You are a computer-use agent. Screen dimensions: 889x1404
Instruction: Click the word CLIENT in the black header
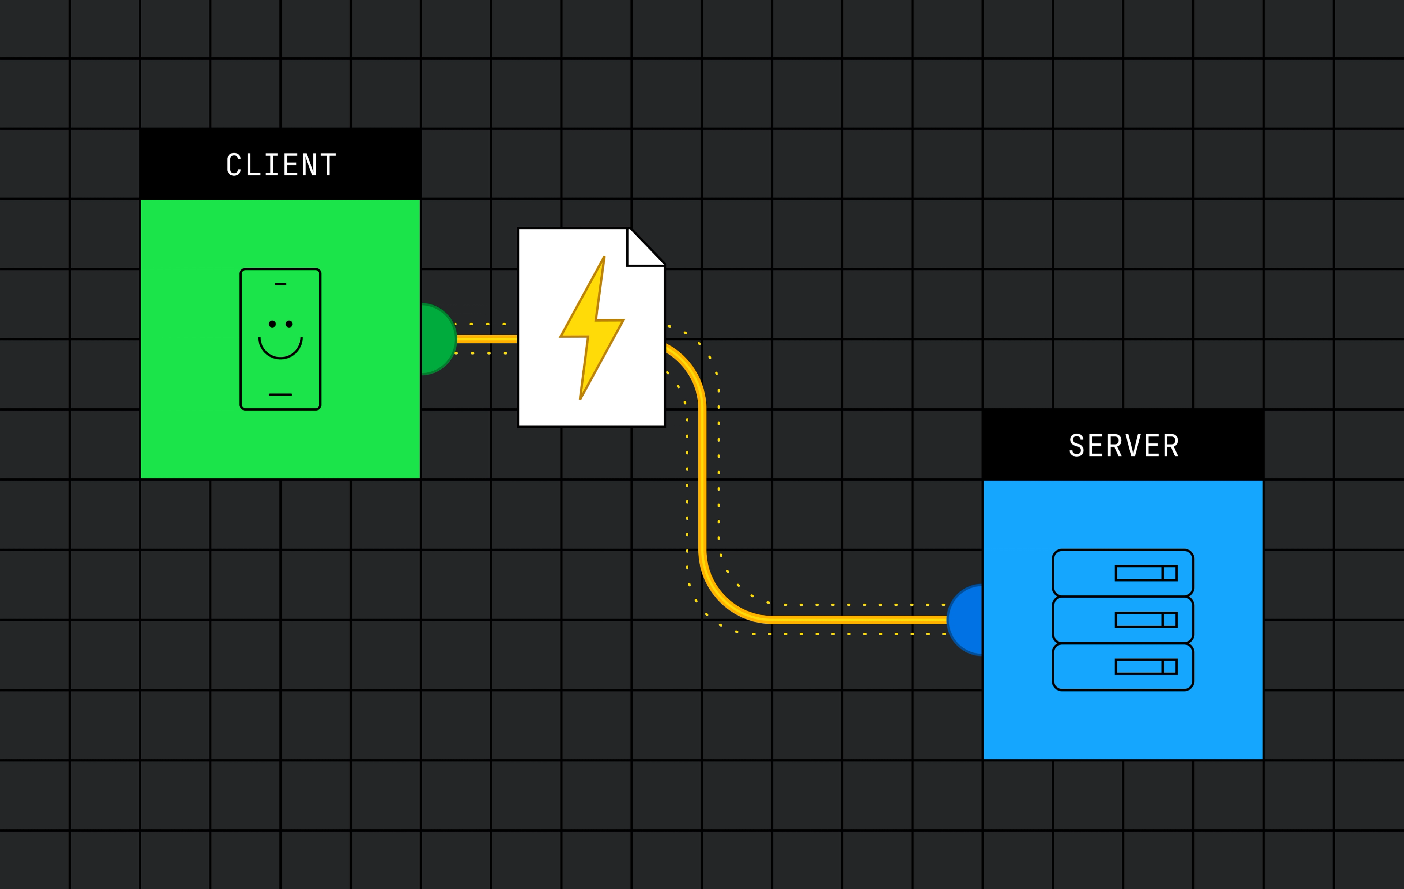[x=281, y=164]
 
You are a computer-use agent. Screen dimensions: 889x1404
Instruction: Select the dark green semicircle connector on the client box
[x=438, y=339]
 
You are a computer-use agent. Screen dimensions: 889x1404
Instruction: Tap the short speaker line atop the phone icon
[x=280, y=284]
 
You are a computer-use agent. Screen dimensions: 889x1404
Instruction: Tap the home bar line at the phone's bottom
[x=280, y=395]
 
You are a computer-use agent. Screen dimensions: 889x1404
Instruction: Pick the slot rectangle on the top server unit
[x=1146, y=573]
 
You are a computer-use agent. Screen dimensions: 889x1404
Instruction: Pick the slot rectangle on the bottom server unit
[x=1146, y=667]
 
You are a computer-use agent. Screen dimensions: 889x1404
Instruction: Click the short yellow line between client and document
[x=487, y=339]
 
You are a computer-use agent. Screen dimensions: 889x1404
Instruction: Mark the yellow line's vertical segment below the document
[x=703, y=478]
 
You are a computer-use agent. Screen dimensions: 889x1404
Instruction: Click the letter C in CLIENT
[x=234, y=164]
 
